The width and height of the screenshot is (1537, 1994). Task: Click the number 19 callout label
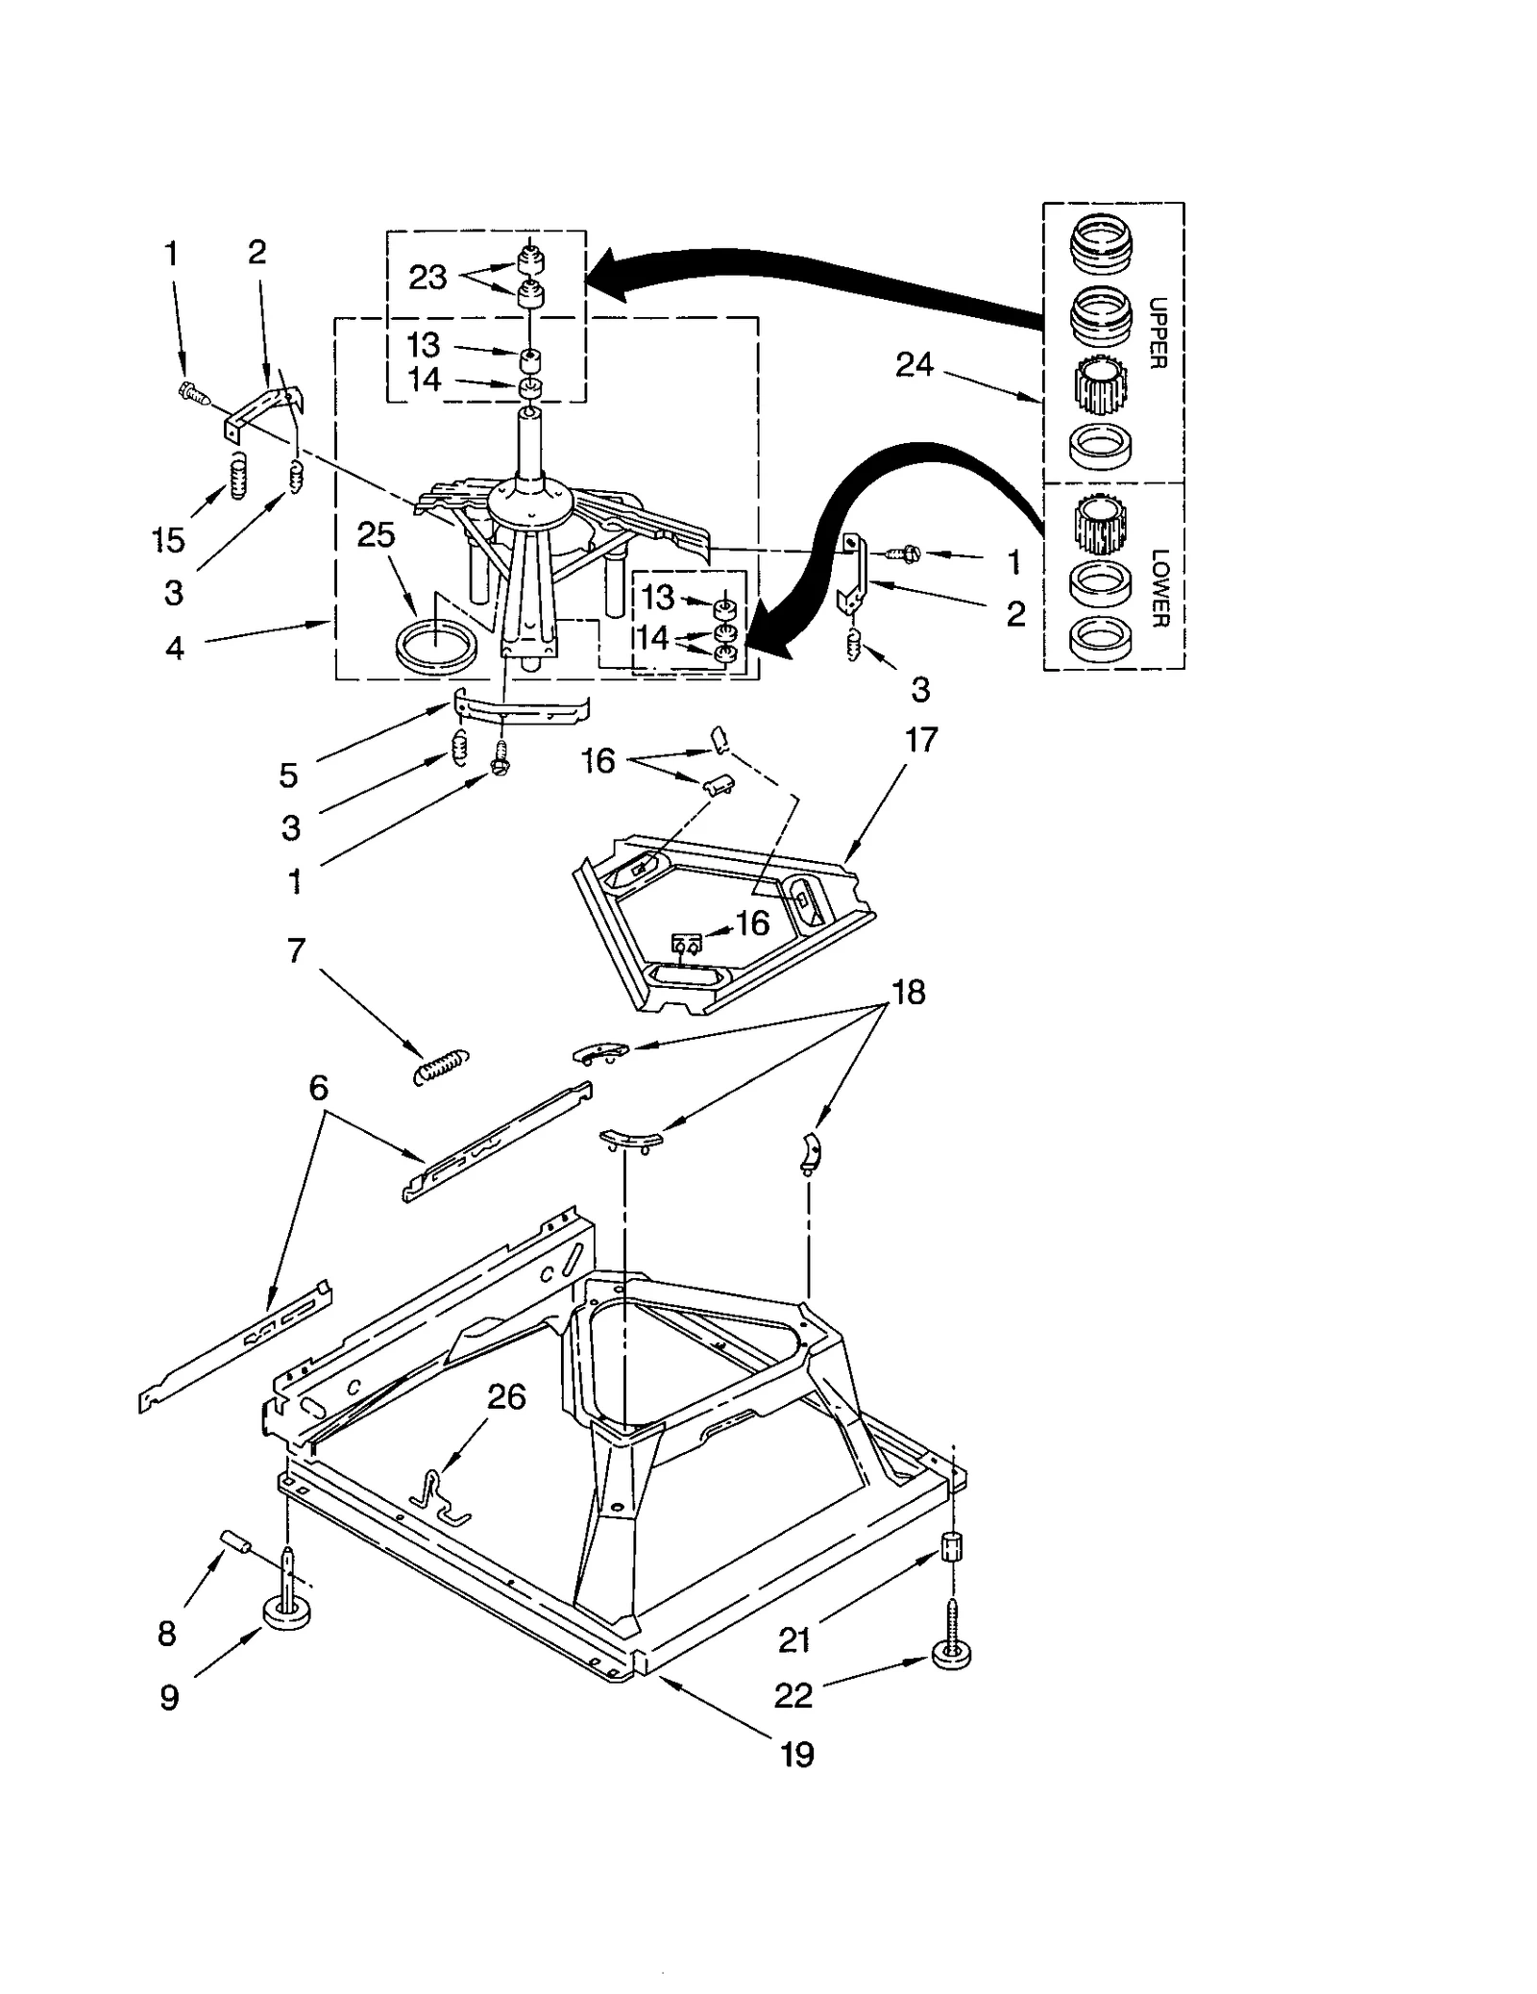coord(797,1755)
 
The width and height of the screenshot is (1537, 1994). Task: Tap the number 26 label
coord(506,1397)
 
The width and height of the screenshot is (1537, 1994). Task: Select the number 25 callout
coord(376,535)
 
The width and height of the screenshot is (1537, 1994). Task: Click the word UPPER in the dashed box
coord(1158,333)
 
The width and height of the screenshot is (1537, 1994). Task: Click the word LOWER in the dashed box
coord(1159,587)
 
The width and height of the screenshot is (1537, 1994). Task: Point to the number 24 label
coord(914,365)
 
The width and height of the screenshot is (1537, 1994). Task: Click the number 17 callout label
coord(920,740)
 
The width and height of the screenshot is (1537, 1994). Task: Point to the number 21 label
coord(794,1640)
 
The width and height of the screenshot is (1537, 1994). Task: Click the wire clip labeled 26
coord(438,1496)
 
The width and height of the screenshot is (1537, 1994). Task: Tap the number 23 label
coord(427,278)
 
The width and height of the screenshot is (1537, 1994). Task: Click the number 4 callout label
coord(174,649)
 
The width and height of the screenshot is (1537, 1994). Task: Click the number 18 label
coord(909,992)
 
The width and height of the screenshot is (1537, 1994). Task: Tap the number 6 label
coord(318,1088)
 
